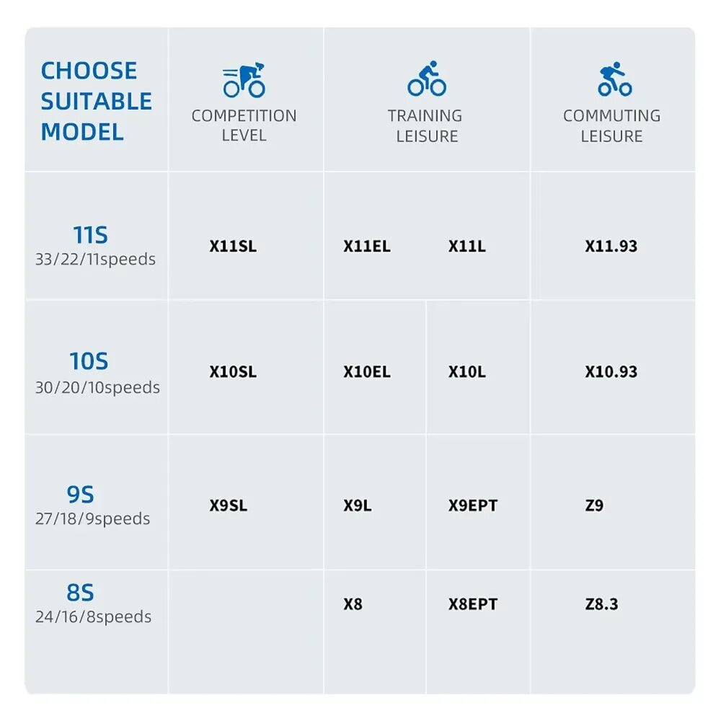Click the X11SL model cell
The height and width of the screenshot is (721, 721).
[233, 246]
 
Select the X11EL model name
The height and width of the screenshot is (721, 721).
[367, 246]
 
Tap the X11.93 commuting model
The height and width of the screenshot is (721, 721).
[611, 246]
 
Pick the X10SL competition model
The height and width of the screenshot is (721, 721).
[233, 371]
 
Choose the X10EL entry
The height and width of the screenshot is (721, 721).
[367, 371]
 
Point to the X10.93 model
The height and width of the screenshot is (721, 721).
[611, 371]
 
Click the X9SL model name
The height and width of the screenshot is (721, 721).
[229, 505]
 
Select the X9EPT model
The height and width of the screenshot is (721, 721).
[473, 505]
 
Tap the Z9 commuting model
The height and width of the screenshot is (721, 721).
[594, 505]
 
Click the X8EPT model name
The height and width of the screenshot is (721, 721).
[473, 603]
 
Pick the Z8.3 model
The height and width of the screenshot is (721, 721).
[601, 603]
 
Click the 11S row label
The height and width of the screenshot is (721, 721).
[91, 235]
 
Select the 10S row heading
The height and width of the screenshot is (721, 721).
[89, 361]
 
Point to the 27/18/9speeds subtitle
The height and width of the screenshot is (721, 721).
[93, 518]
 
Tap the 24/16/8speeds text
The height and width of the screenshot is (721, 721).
[93, 616]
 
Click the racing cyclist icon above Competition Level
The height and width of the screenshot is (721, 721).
[244, 80]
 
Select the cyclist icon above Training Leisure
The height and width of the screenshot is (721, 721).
[427, 79]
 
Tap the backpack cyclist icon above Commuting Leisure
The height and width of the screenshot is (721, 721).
[615, 79]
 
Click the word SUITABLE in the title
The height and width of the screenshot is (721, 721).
[96, 101]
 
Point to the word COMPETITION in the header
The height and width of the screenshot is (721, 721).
[244, 116]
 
